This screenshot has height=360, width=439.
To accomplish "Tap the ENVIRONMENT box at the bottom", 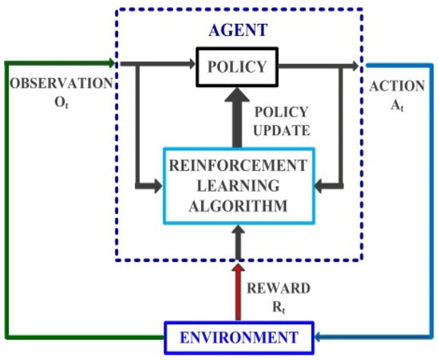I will tap(237, 335).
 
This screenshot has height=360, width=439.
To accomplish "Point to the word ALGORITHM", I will tap(237, 206).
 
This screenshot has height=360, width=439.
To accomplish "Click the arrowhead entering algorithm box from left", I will tap(159, 186).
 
